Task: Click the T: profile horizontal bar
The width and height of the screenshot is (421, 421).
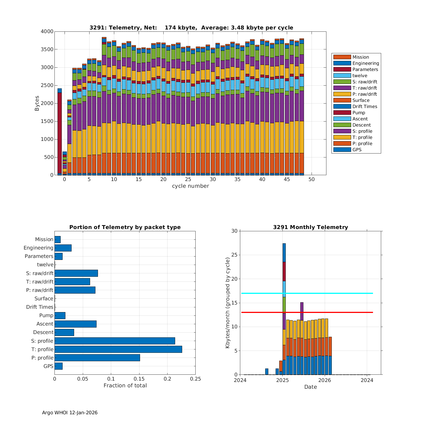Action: [118, 349]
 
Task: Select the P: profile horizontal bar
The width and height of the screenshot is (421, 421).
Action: [97, 358]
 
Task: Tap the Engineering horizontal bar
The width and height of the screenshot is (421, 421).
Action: [63, 248]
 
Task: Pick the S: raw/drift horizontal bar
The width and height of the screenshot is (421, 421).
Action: [76, 273]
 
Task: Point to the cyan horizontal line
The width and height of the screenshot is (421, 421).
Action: [337, 293]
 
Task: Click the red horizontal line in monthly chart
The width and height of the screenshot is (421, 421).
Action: [337, 312]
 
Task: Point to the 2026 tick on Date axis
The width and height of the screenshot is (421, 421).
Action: [325, 380]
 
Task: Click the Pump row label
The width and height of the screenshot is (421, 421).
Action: [46, 315]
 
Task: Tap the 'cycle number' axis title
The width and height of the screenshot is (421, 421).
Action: [190, 186]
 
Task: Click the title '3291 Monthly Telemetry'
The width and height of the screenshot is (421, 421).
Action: [310, 227]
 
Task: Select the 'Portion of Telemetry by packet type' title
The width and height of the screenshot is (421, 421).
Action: [125, 227]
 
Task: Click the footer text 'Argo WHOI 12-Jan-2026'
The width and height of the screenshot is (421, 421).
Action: [70, 413]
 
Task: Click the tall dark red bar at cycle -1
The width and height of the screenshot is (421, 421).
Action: [60, 133]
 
